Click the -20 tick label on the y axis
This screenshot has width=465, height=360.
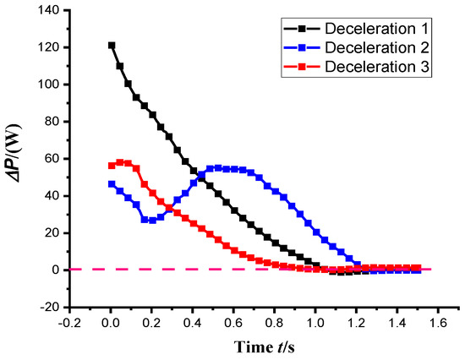(52, 308)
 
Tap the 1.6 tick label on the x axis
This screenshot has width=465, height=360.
(437, 323)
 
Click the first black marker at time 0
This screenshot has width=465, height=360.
(111, 46)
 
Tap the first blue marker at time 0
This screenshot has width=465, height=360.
(111, 183)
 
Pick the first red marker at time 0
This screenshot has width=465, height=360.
(111, 166)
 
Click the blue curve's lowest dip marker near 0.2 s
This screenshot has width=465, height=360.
(148, 220)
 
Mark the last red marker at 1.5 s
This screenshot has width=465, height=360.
(417, 268)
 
